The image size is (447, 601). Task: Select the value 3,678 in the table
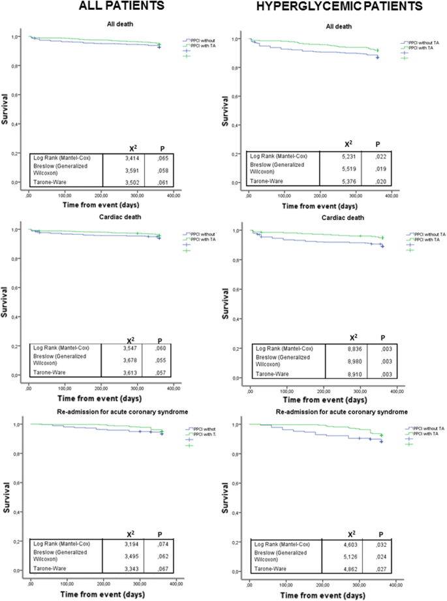pos(129,360)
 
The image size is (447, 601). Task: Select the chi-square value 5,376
pos(351,182)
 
